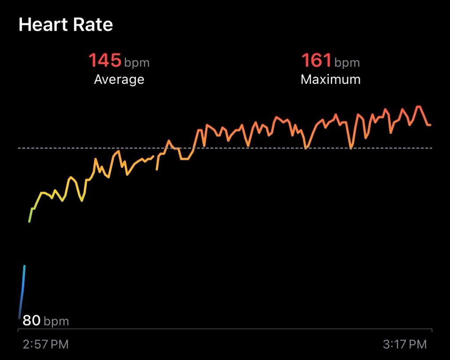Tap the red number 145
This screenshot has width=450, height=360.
(x=105, y=60)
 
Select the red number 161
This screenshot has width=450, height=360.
(x=316, y=60)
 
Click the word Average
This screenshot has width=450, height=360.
(x=119, y=79)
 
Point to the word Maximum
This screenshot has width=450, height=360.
(x=330, y=79)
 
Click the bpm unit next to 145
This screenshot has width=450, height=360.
(x=137, y=63)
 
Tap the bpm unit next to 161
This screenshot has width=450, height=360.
(x=347, y=63)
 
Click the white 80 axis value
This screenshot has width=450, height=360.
(x=32, y=320)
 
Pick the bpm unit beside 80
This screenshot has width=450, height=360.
(x=56, y=322)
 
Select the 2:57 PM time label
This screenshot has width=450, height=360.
(x=46, y=344)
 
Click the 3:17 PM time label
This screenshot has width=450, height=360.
(x=405, y=344)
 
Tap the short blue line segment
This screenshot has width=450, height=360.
(x=22, y=292)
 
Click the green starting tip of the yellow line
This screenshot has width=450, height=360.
(x=29, y=221)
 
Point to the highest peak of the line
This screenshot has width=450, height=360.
(x=418, y=107)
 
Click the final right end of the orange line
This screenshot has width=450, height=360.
(x=430, y=125)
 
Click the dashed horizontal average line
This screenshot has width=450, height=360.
(x=225, y=148)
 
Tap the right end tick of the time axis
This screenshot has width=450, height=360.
(x=432, y=331)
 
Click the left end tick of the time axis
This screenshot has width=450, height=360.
(x=18, y=331)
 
